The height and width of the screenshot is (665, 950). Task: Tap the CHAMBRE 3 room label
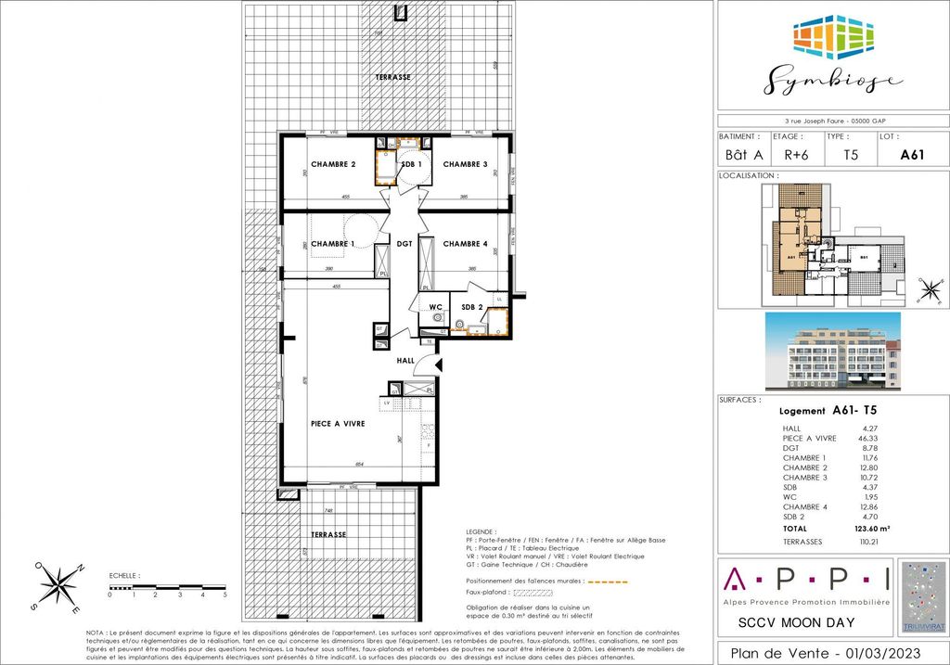point(465,164)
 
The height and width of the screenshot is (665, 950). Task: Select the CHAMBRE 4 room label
point(465,244)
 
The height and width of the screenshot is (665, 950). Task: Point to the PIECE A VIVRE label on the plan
point(337,423)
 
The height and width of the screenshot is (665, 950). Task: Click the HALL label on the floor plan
point(406,360)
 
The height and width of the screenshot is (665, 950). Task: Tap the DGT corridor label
point(404,244)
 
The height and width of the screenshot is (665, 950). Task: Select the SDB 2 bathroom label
point(473,307)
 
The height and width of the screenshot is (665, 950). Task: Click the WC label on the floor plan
point(433,307)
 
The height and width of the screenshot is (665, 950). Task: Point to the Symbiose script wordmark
point(832,81)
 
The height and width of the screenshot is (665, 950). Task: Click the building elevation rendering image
point(832,351)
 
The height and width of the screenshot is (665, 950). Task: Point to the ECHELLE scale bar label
point(122,576)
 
